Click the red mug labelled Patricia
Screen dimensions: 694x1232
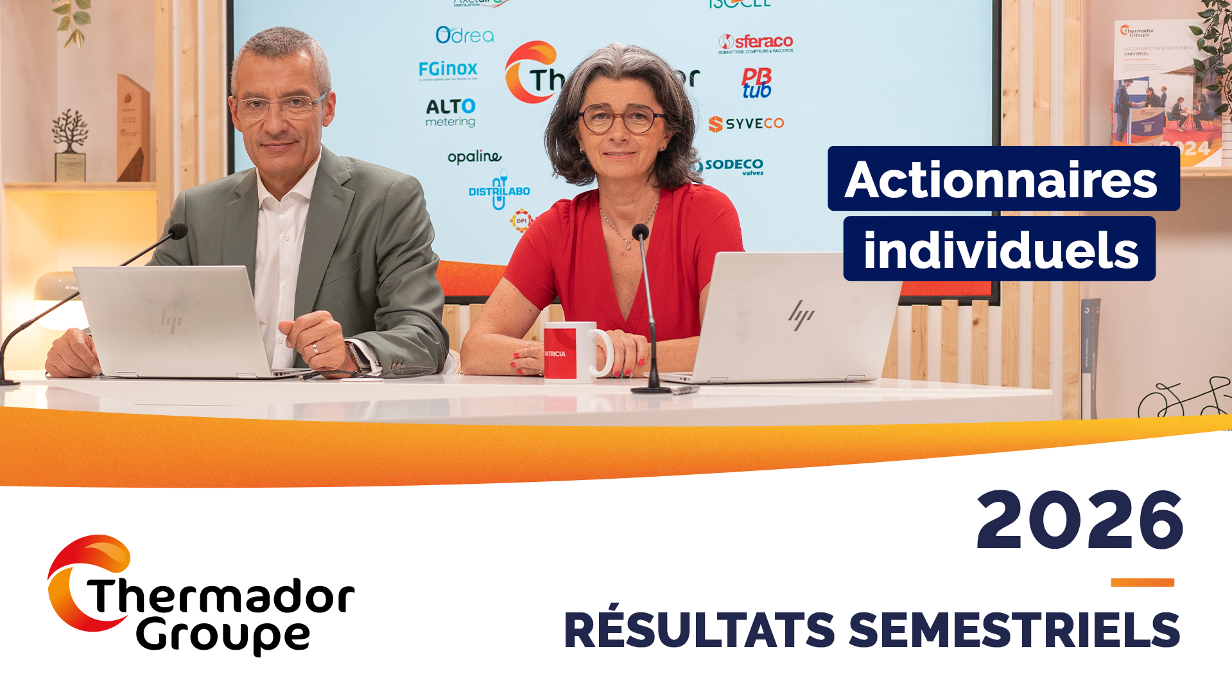pyautogui.click(x=569, y=352)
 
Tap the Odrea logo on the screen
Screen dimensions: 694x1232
pyautogui.click(x=465, y=35)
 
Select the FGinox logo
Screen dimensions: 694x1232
pyautogui.click(x=448, y=69)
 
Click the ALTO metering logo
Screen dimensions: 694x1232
pyautogui.click(x=451, y=112)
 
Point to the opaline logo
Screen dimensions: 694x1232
pyautogui.click(x=474, y=157)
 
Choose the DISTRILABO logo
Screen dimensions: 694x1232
pyautogui.click(x=499, y=191)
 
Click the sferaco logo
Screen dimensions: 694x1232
pyautogui.click(x=756, y=43)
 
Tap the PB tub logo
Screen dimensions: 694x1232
pyautogui.click(x=756, y=84)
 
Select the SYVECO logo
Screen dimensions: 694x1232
pyautogui.click(x=747, y=123)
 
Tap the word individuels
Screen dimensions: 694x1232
pyautogui.click(x=1000, y=250)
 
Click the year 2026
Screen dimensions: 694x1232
pyautogui.click(x=1080, y=520)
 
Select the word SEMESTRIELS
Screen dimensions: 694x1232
pyautogui.click(x=1015, y=631)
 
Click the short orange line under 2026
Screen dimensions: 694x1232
pyautogui.click(x=1142, y=583)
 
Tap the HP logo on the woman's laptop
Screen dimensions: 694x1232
pyautogui.click(x=801, y=316)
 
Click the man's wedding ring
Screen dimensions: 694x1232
pyautogui.click(x=315, y=349)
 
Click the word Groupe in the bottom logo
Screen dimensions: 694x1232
pyautogui.click(x=223, y=636)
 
